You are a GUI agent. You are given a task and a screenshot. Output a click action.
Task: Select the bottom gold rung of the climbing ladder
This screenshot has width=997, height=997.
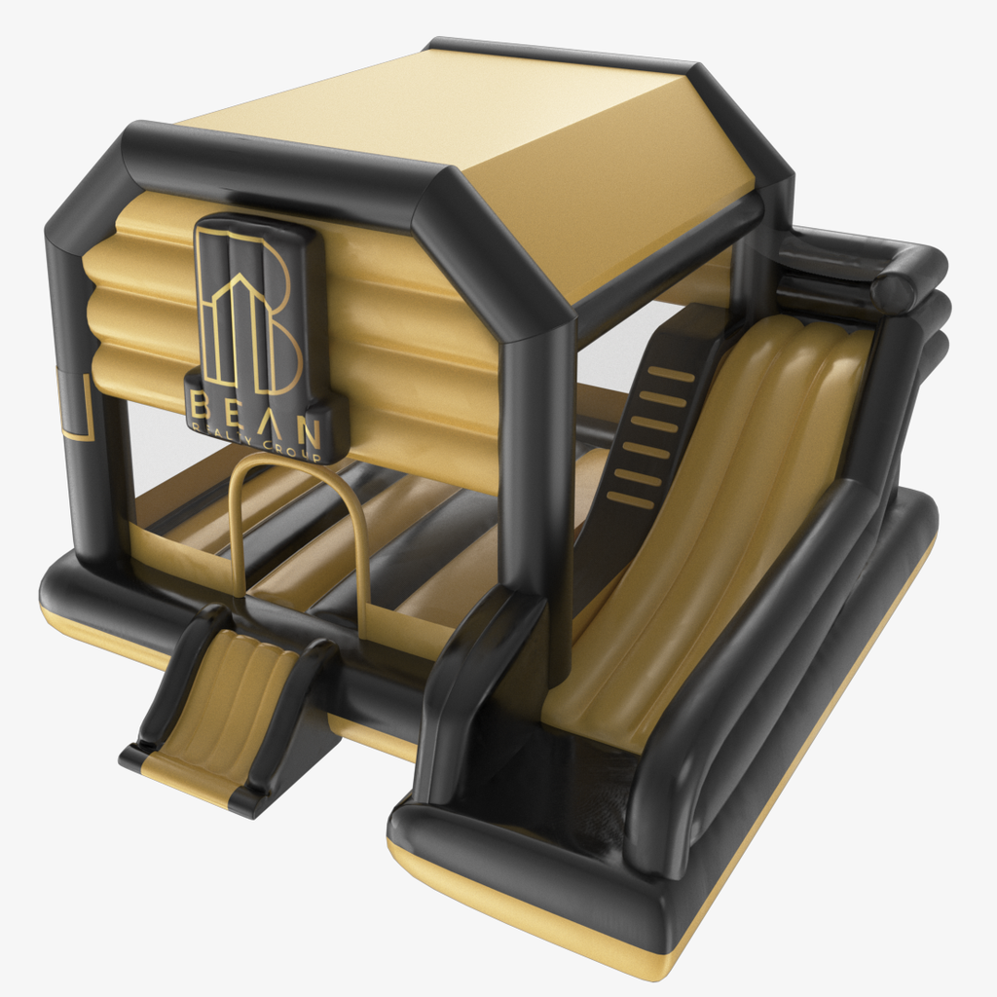pyautogui.click(x=629, y=500)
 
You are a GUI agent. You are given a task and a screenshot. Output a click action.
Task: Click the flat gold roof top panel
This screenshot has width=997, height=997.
pyautogui.click(x=428, y=107)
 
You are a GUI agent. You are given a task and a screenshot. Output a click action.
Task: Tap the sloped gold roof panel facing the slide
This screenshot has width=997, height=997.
pyautogui.click(x=623, y=195)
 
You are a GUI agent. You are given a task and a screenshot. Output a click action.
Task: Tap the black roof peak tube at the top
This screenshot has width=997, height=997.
pyautogui.click(x=565, y=54)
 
